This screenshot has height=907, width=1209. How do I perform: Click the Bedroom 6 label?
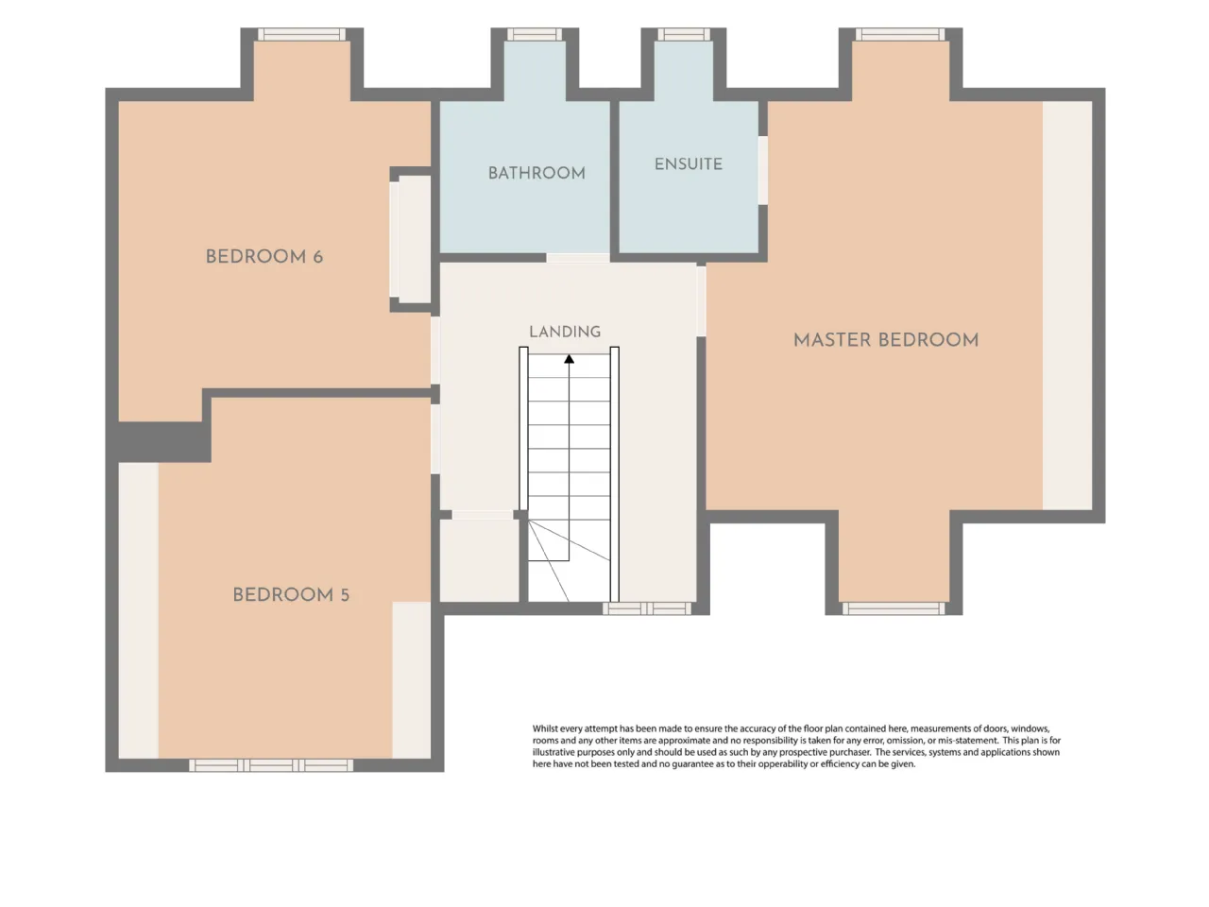click(264, 257)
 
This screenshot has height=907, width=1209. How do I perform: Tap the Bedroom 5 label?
click(291, 595)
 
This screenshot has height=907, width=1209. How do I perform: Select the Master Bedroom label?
click(886, 340)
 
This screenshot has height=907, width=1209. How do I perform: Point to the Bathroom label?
click(536, 174)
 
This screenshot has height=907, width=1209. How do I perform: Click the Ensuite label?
click(688, 164)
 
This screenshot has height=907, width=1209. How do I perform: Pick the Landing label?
click(565, 332)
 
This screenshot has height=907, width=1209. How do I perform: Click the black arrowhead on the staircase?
click(569, 359)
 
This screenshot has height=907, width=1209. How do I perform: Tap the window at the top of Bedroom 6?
click(302, 34)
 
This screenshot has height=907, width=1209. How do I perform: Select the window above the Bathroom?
click(535, 34)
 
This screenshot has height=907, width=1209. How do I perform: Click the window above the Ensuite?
click(684, 34)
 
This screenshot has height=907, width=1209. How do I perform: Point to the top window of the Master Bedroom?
click(900, 34)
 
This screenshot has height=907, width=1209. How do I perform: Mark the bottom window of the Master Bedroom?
click(894, 608)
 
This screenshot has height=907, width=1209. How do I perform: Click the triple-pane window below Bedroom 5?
click(271, 765)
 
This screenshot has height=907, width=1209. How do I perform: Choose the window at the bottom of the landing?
click(647, 608)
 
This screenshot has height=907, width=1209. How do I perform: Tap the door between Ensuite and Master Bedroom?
click(763, 170)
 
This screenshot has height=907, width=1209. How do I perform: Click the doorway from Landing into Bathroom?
click(578, 258)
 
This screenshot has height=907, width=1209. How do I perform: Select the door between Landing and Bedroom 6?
click(435, 350)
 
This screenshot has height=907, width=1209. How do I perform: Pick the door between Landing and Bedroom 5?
click(435, 439)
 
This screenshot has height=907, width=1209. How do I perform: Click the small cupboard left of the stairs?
click(479, 560)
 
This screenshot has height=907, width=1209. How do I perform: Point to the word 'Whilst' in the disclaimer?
click(545, 728)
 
